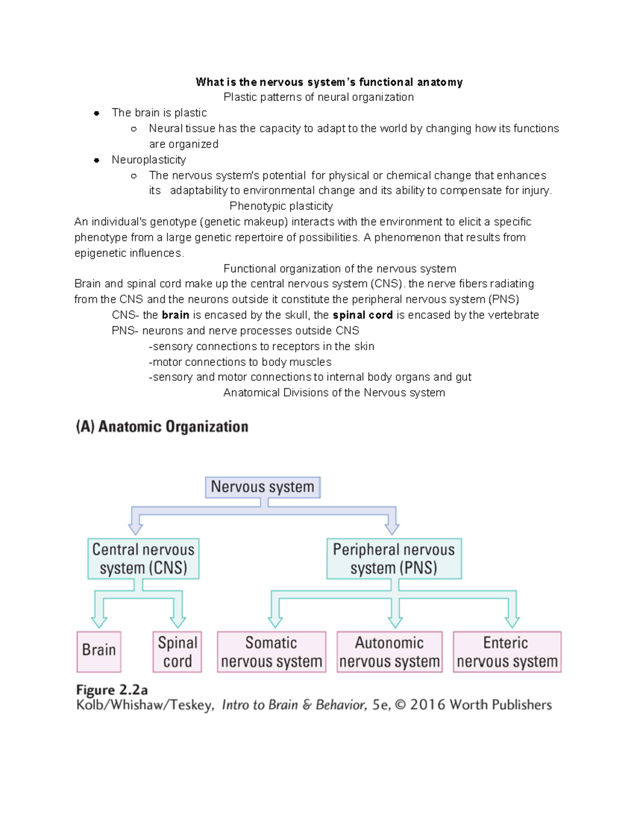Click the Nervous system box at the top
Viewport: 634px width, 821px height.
(263, 487)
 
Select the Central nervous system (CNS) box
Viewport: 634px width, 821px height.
(143, 559)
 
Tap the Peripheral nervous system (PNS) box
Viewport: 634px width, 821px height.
(394, 559)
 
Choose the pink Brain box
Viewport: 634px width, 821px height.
(99, 651)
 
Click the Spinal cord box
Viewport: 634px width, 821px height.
(178, 652)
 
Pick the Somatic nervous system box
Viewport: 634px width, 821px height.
(272, 652)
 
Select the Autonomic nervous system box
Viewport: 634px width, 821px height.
(389, 652)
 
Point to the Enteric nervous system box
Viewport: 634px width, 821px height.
(507, 652)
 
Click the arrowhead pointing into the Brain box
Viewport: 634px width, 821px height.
(99, 621)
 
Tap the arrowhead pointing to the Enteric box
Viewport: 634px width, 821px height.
(512, 621)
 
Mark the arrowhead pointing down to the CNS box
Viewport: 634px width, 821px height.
(136, 528)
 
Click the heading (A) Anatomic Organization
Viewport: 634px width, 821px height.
(162, 427)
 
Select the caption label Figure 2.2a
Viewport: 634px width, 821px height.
(112, 690)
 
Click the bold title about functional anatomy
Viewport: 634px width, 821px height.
(329, 82)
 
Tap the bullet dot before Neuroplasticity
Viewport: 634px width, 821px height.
(97, 160)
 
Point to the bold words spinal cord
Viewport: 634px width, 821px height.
(362, 315)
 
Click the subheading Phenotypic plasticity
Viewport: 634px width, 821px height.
(281, 206)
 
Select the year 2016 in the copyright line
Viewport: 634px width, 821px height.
(427, 705)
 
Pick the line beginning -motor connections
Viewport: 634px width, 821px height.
(240, 362)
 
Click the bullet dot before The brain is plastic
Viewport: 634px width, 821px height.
(97, 113)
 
